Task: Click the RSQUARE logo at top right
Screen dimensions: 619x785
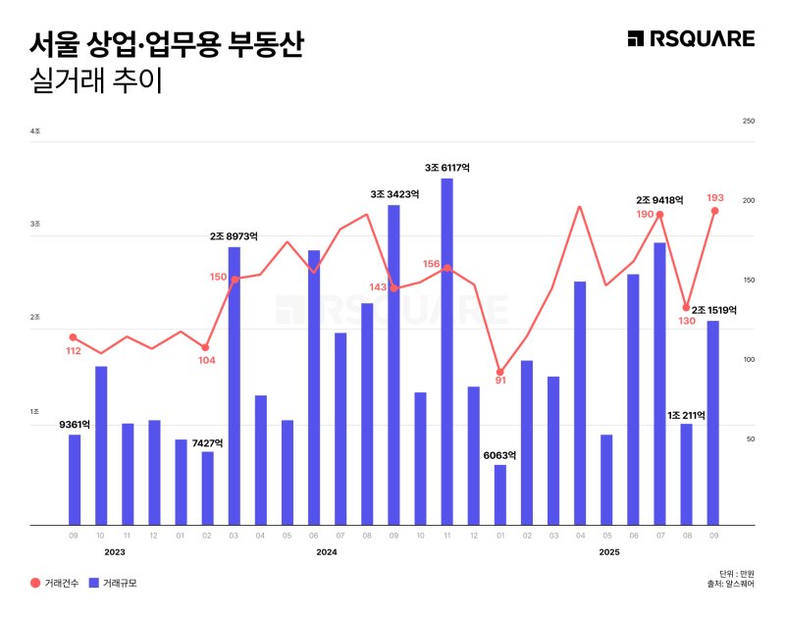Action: [x=691, y=38]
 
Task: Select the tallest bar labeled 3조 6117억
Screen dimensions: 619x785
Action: [x=446, y=351]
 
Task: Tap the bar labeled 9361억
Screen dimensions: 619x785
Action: [x=74, y=480]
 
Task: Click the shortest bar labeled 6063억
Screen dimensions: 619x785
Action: [x=500, y=494]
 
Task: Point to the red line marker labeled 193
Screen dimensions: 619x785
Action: [x=714, y=211]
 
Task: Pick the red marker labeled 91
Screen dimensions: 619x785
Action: [x=500, y=373]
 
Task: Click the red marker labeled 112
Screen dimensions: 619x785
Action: [x=74, y=337]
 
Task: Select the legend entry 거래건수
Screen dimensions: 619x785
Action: [x=54, y=583]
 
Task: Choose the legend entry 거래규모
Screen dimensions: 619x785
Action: [x=114, y=583]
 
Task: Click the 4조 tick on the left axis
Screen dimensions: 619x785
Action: [x=35, y=131]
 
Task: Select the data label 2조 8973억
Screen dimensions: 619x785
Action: [x=234, y=236]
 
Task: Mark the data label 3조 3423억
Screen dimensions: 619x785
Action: [x=393, y=194]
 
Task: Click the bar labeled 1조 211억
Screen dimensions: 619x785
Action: [x=687, y=474]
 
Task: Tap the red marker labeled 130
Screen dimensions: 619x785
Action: [x=687, y=308]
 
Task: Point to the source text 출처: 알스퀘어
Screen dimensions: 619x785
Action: [x=730, y=585]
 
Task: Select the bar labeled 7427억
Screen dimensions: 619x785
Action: [x=207, y=488]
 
